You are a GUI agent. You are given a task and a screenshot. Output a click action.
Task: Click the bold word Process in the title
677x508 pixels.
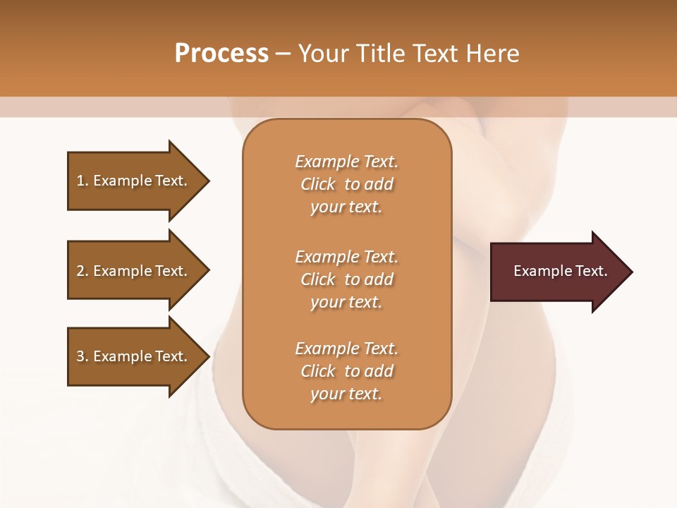coord(221,54)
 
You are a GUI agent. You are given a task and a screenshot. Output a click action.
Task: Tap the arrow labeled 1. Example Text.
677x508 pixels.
coord(134,181)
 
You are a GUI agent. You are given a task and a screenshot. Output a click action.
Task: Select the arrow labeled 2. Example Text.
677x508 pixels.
coord(134,271)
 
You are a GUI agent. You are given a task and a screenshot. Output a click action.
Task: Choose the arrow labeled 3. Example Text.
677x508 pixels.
coord(134,356)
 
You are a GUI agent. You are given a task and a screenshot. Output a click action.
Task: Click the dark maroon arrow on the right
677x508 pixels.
coord(557,272)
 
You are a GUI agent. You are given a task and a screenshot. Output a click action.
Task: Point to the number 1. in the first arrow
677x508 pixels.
coord(82,181)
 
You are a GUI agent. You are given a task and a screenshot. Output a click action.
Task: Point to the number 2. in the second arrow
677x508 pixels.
coord(82,271)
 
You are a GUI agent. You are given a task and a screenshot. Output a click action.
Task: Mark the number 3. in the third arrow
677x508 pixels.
coord(82,356)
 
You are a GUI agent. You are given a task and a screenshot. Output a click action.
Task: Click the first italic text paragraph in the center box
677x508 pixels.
coord(346,184)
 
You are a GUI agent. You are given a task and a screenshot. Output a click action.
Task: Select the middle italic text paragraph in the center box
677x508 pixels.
coord(346,279)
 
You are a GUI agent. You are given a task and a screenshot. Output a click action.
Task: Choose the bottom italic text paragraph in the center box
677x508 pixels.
coord(346,371)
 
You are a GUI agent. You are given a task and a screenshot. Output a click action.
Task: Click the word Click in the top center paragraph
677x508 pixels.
coord(318,184)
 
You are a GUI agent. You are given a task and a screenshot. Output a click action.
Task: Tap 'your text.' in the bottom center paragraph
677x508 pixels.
coord(346,394)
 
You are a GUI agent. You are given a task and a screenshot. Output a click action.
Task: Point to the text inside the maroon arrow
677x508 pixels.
coord(560,271)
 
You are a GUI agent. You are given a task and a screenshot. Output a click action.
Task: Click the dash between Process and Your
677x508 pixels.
coord(283,54)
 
